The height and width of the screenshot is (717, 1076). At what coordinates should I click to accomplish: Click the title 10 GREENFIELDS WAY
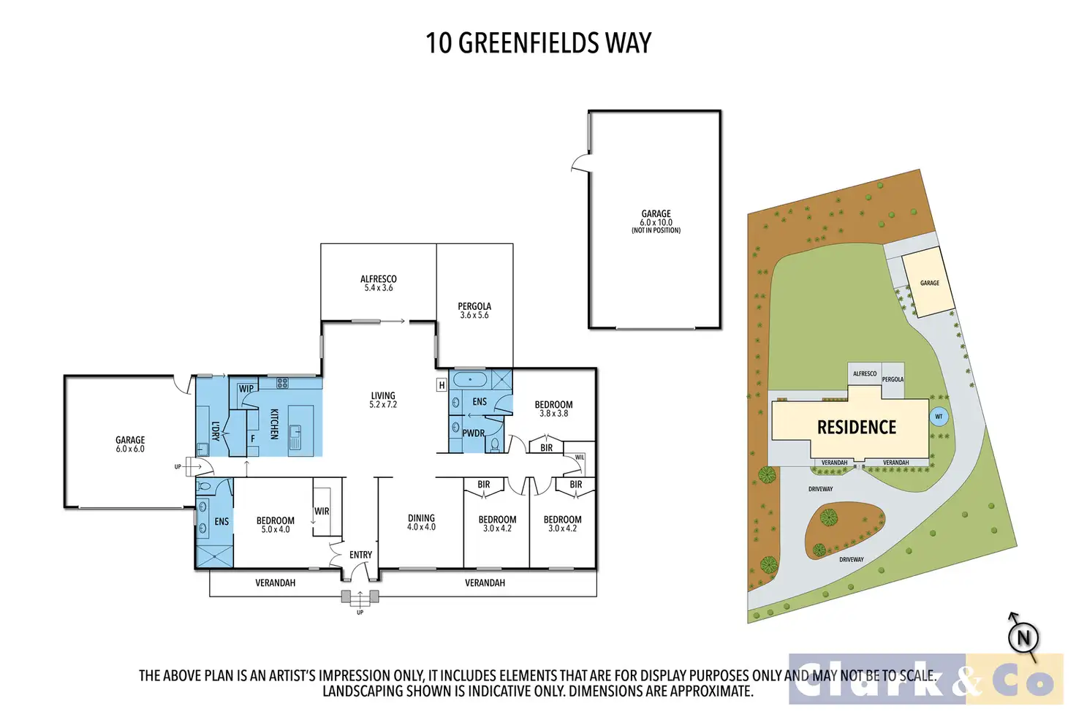538,43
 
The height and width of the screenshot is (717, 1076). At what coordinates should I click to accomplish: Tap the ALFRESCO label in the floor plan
379,279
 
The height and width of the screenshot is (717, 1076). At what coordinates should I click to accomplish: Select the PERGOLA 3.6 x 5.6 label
474,311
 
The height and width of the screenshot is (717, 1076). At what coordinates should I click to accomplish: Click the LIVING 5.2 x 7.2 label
383,400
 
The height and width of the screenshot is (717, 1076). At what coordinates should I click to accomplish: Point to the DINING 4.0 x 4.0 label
421,522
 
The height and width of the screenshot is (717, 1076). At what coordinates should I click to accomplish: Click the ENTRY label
360,555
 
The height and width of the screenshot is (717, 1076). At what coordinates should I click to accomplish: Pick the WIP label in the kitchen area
246,389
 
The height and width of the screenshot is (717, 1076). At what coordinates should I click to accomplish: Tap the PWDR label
474,433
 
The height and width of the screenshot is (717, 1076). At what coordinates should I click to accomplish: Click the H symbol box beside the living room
442,385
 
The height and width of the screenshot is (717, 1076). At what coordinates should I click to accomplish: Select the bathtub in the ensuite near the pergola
470,379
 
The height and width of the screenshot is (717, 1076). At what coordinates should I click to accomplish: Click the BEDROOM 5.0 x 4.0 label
276,525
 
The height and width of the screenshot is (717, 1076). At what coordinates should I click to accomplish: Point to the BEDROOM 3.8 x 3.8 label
553,409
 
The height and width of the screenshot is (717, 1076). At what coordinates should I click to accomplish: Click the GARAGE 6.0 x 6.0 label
130,444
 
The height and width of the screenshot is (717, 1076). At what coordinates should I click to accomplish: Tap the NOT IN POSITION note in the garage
656,231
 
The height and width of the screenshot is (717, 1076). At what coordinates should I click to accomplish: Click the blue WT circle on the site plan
939,417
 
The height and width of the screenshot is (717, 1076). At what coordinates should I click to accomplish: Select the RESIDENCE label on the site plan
856,428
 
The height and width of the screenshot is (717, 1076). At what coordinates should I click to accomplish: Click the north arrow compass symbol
1023,637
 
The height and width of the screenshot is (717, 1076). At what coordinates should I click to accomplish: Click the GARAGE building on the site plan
929,282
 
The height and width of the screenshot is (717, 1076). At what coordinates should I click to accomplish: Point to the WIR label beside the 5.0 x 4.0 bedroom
322,512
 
